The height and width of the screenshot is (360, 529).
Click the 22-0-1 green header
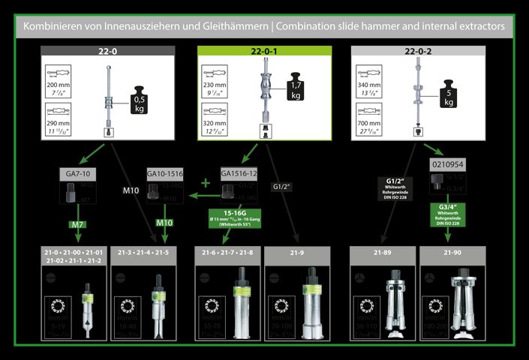pyautogui.click(x=264, y=51)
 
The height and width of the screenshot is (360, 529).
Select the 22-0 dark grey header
pyautogui.click(x=108, y=51)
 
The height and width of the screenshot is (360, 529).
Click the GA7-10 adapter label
pyautogui.click(x=77, y=173)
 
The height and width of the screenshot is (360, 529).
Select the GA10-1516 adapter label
pyautogui.click(x=165, y=173)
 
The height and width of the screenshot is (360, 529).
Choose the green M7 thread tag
pyautogui.click(x=77, y=224)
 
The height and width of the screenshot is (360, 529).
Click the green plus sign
pyautogui.click(x=206, y=183)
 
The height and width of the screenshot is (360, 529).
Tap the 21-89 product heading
pyautogui.click(x=382, y=253)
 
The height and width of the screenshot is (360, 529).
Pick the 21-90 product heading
pyautogui.click(x=452, y=253)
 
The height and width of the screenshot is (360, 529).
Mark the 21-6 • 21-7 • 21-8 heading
pyautogui.click(x=228, y=253)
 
